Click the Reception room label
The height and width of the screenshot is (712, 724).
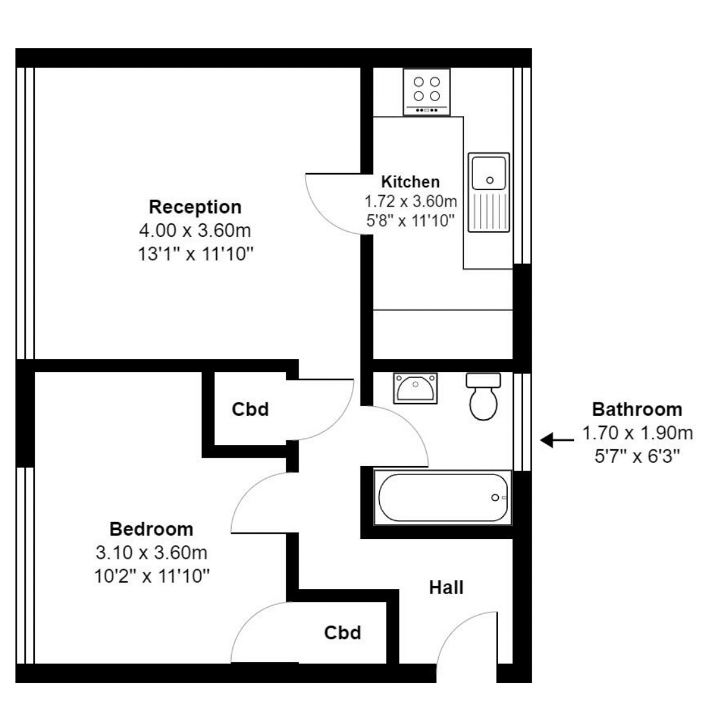[195, 207]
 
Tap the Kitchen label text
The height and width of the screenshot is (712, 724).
[410, 182]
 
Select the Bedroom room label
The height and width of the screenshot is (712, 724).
[151, 529]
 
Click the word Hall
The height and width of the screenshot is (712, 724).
[446, 587]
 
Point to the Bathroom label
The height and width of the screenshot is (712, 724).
[636, 409]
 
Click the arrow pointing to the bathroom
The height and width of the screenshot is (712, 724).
[557, 440]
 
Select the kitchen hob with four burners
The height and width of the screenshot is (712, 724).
[427, 91]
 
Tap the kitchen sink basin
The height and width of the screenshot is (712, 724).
[489, 173]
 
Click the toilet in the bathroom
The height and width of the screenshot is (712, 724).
[483, 397]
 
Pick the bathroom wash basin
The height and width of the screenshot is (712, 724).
[416, 388]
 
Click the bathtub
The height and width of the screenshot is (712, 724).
[444, 498]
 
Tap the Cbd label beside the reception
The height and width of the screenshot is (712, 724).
[250, 409]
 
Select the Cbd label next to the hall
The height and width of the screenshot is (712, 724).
[342, 633]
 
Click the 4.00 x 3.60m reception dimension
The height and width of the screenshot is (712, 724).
[195, 230]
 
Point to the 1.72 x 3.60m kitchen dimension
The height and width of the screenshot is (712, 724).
[410, 201]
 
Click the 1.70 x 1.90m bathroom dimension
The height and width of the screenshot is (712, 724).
[637, 433]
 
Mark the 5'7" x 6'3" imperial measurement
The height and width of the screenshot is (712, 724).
[637, 455]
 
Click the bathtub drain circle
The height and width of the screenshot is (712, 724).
[495, 498]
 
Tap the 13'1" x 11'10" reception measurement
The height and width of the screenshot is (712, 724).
[195, 253]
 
